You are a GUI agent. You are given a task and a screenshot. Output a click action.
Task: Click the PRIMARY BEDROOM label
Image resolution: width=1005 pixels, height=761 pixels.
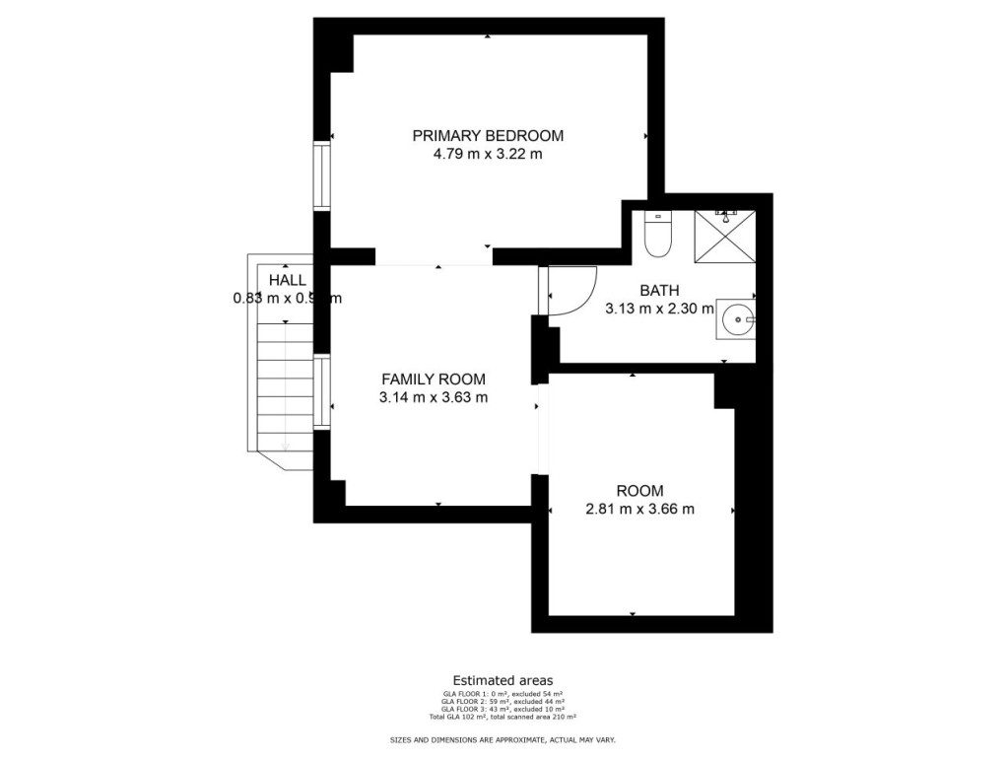pyautogui.click(x=488, y=136)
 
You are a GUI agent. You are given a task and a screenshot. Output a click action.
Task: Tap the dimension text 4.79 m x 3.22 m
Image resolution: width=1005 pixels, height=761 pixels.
pyautogui.click(x=488, y=155)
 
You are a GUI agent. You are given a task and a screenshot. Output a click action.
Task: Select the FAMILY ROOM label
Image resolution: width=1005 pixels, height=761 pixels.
pyautogui.click(x=434, y=379)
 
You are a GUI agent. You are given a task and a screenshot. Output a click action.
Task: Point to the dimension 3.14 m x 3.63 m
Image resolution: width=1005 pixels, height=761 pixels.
pyautogui.click(x=434, y=397)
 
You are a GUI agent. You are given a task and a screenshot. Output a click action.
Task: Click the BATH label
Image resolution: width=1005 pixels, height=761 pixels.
pyautogui.click(x=659, y=291)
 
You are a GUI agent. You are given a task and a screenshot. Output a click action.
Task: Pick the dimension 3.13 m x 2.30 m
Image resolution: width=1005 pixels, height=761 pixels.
pyautogui.click(x=659, y=309)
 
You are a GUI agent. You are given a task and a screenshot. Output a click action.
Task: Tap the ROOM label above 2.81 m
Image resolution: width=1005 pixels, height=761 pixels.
pyautogui.click(x=639, y=491)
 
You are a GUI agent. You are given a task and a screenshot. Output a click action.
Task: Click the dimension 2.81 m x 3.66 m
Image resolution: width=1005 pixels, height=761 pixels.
pyautogui.click(x=639, y=510)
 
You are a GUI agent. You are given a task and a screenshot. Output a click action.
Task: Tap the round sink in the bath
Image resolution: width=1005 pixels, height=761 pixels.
pyautogui.click(x=736, y=318)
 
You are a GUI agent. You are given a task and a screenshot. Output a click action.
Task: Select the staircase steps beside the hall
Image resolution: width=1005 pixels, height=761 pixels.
pyautogui.click(x=285, y=394)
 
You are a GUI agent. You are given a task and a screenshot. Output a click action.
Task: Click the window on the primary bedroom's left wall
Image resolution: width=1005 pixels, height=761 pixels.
pyautogui.click(x=321, y=176)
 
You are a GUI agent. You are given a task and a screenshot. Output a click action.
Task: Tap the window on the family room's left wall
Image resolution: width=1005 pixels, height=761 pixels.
pyautogui.click(x=321, y=391)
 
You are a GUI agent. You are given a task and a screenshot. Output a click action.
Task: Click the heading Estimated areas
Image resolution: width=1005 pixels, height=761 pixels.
pyautogui.click(x=502, y=680)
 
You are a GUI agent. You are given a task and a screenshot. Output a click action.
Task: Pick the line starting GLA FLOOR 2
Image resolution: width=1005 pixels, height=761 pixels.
pyautogui.click(x=502, y=702)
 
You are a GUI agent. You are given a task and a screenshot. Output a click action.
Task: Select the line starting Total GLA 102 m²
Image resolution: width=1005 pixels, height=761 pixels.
pyautogui.click(x=502, y=717)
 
